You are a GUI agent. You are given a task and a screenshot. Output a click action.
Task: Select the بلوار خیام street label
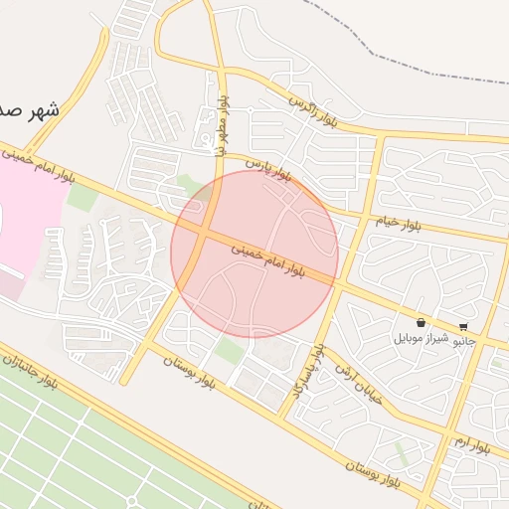click(x=398, y=222)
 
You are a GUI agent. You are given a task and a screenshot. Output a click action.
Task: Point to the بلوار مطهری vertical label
click(x=223, y=124)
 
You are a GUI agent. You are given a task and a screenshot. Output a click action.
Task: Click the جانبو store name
click(x=464, y=341)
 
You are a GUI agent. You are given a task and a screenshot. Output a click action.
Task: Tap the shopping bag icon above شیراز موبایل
click(x=422, y=323)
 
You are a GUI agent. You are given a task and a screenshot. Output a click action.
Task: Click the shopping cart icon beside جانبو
click(x=464, y=326)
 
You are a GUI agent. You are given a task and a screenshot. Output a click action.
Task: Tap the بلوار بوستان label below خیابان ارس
click(x=372, y=472)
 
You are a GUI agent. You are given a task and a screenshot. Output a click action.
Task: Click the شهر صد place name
click(x=30, y=109)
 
